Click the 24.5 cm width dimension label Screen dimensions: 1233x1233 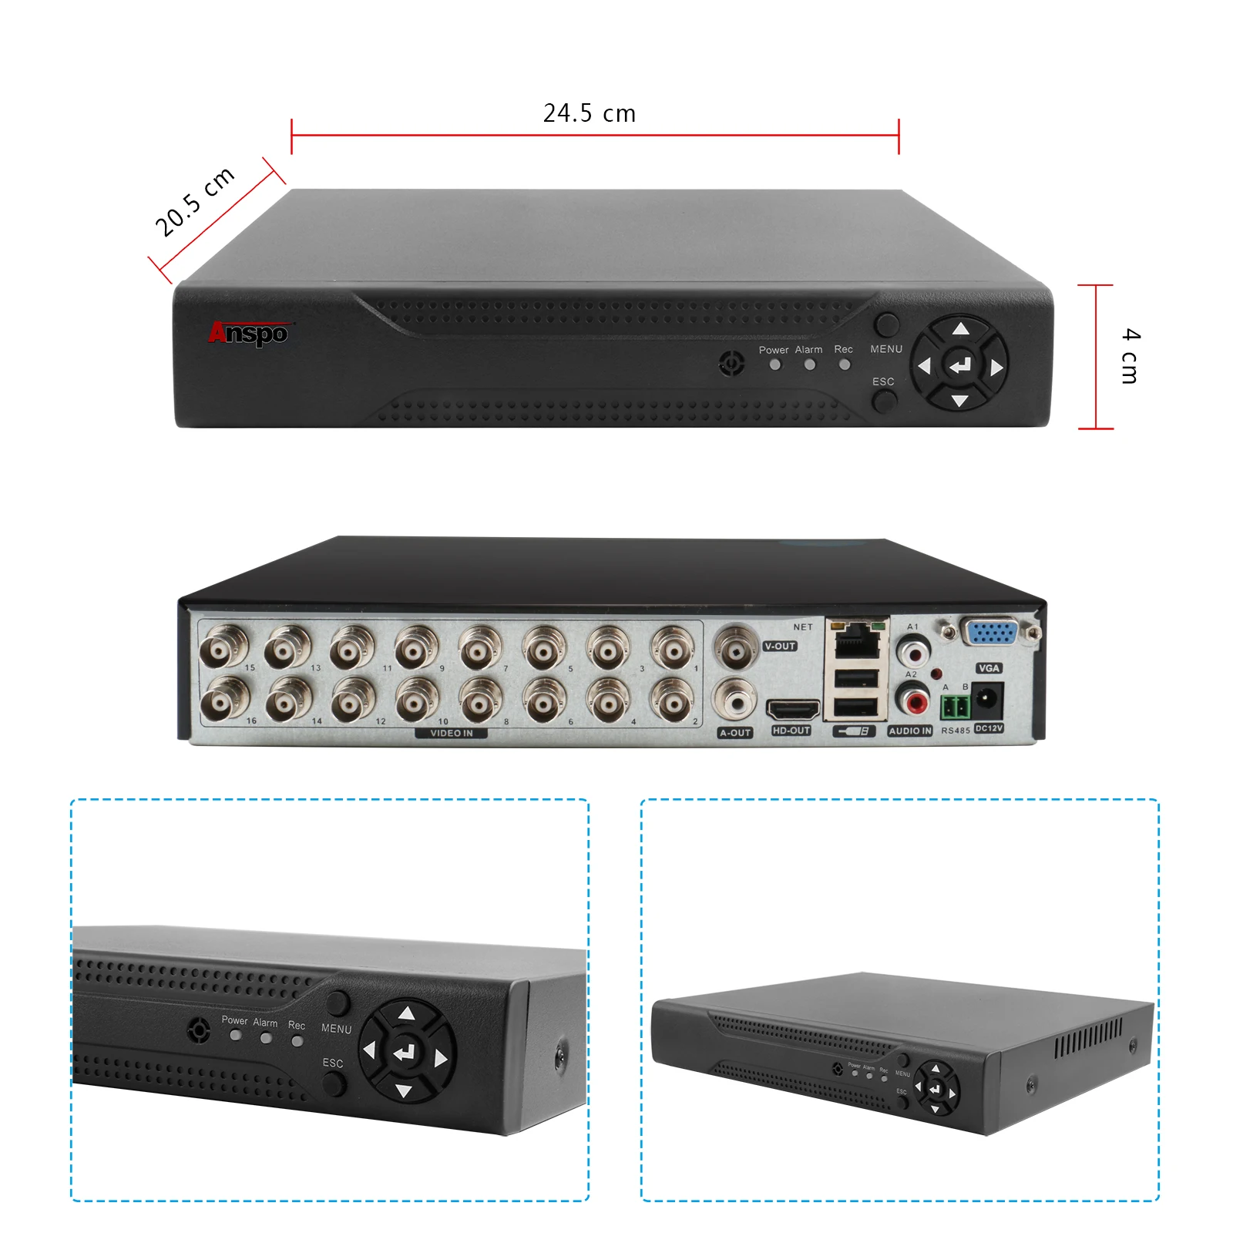pos(590,113)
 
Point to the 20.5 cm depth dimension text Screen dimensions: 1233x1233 pos(194,202)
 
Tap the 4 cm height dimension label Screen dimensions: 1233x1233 pos(1130,355)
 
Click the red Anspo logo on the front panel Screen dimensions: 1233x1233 pos(248,333)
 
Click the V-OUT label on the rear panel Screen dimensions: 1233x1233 pos(780,647)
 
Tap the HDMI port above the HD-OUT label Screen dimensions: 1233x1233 pos(792,708)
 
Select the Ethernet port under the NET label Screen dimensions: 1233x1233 pos(857,640)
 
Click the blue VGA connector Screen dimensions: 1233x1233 pos(991,632)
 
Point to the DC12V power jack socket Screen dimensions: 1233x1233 pos(987,700)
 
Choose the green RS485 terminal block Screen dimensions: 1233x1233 pos(956,705)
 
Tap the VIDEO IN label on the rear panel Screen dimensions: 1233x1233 pos(452,733)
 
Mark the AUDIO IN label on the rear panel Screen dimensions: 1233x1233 pos(910,731)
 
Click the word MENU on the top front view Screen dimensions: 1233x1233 pos(886,349)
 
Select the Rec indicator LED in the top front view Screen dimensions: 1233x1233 pos(845,365)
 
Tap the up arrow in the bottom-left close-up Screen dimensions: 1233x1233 pos(407,1014)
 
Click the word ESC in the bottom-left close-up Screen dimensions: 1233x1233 pos(333,1063)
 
